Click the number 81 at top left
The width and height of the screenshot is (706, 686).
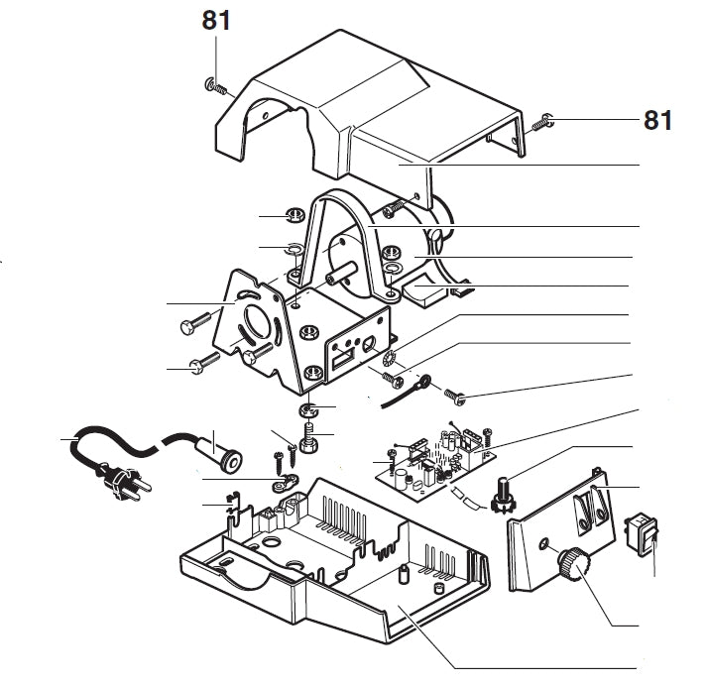point(216,20)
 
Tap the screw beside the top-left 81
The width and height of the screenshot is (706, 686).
point(216,87)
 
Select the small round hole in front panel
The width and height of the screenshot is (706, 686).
point(543,544)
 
